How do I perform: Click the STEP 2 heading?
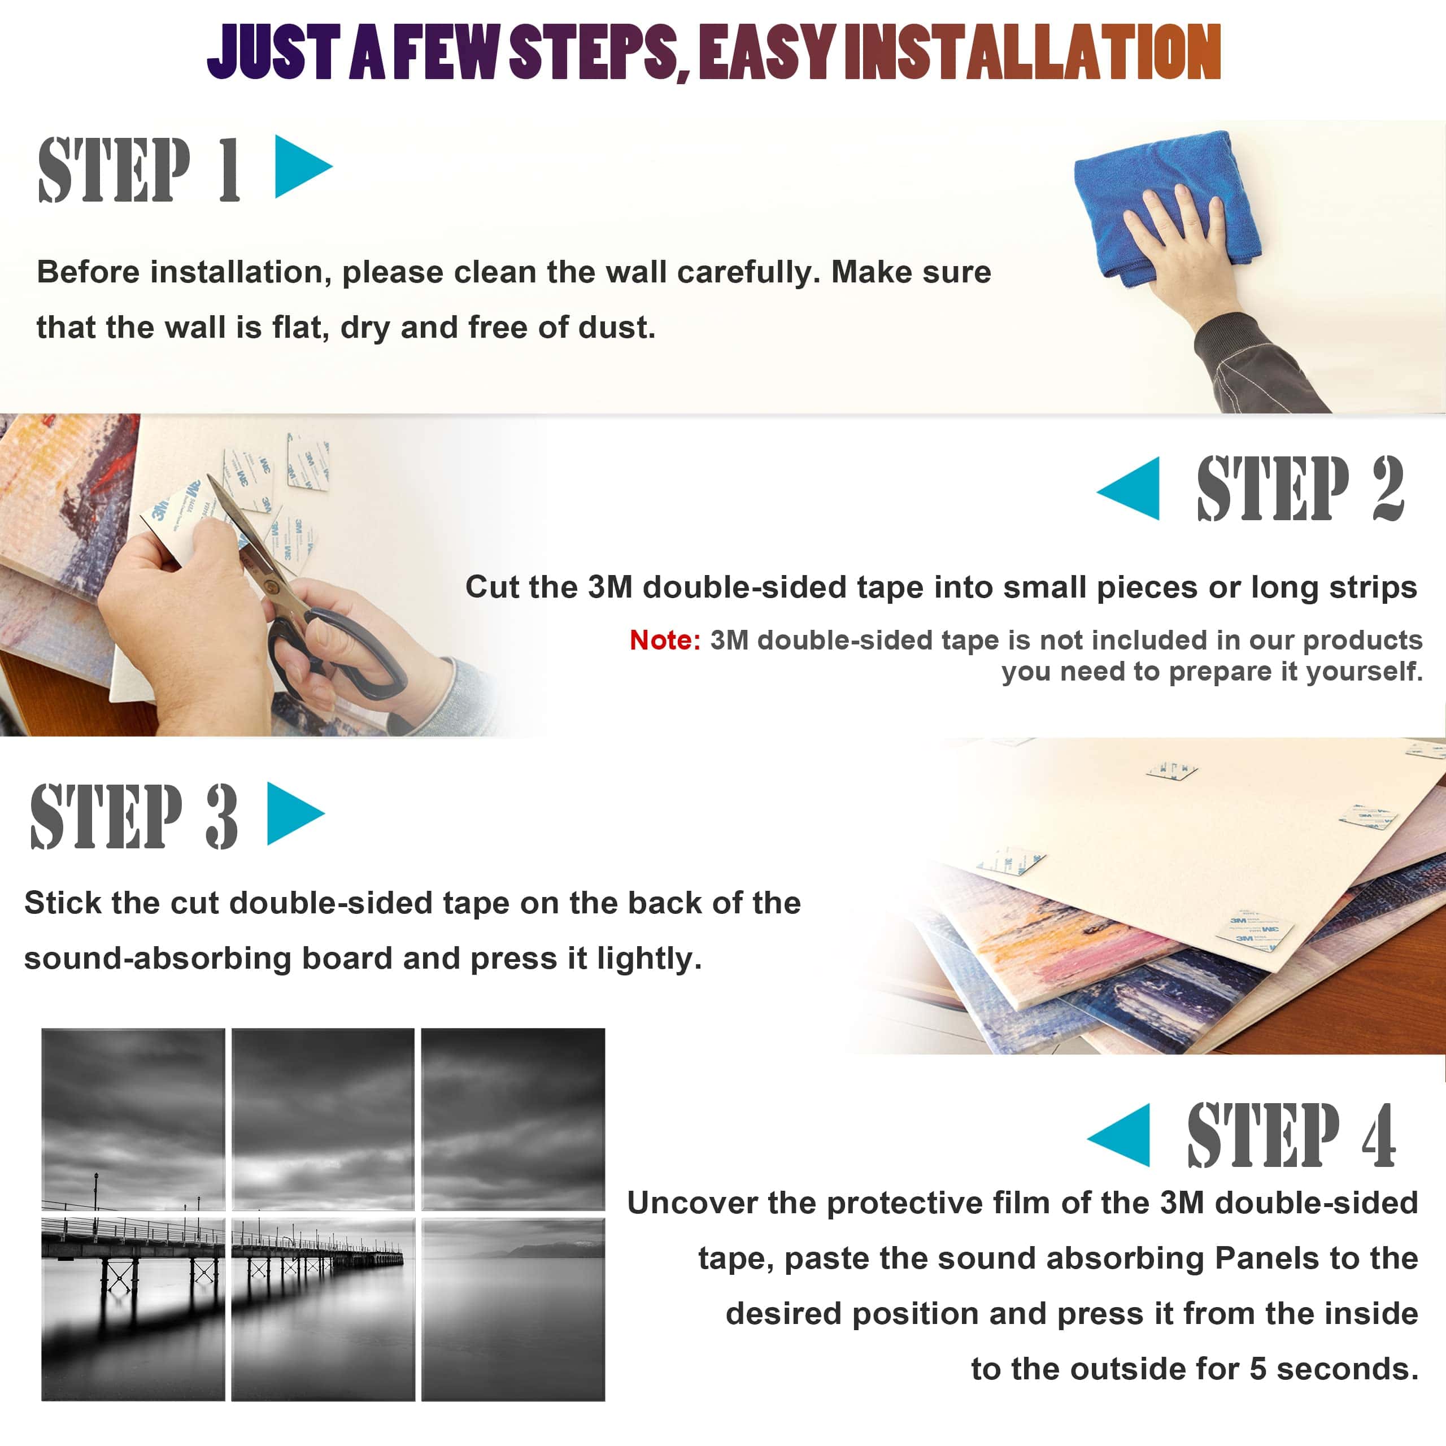tap(1300, 488)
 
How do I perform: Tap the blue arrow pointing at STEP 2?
tap(1129, 488)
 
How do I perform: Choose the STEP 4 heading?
tap(1292, 1135)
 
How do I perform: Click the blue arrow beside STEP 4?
tap(1118, 1135)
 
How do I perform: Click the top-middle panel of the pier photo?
tap(323, 1119)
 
